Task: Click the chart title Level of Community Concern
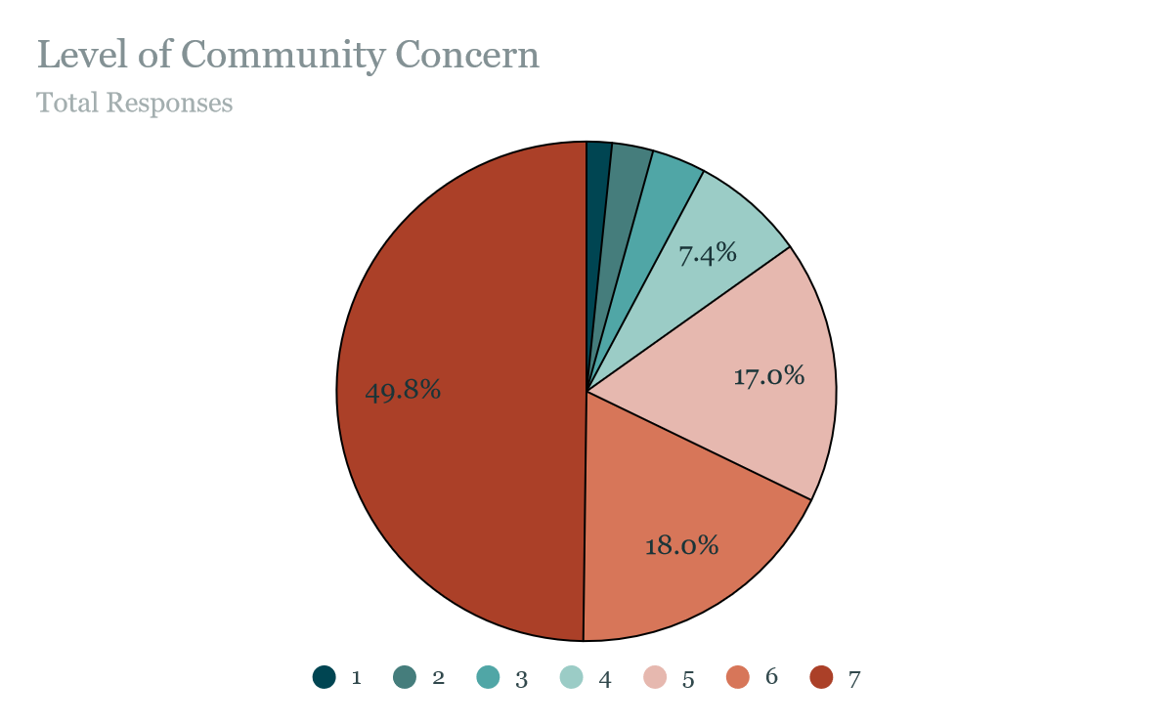coord(287,55)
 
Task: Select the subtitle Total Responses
coord(134,103)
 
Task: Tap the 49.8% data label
coord(403,391)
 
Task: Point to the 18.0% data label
coord(681,545)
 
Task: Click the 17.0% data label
coord(768,375)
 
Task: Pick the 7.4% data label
coord(707,254)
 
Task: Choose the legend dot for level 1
coord(324,677)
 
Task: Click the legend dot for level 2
coord(405,677)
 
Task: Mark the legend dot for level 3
coord(488,677)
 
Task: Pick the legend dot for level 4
coord(571,677)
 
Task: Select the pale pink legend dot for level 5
coord(655,677)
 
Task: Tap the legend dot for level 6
coord(738,677)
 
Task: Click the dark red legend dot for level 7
coord(821,677)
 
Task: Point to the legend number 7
coord(854,679)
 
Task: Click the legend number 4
coord(605,679)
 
